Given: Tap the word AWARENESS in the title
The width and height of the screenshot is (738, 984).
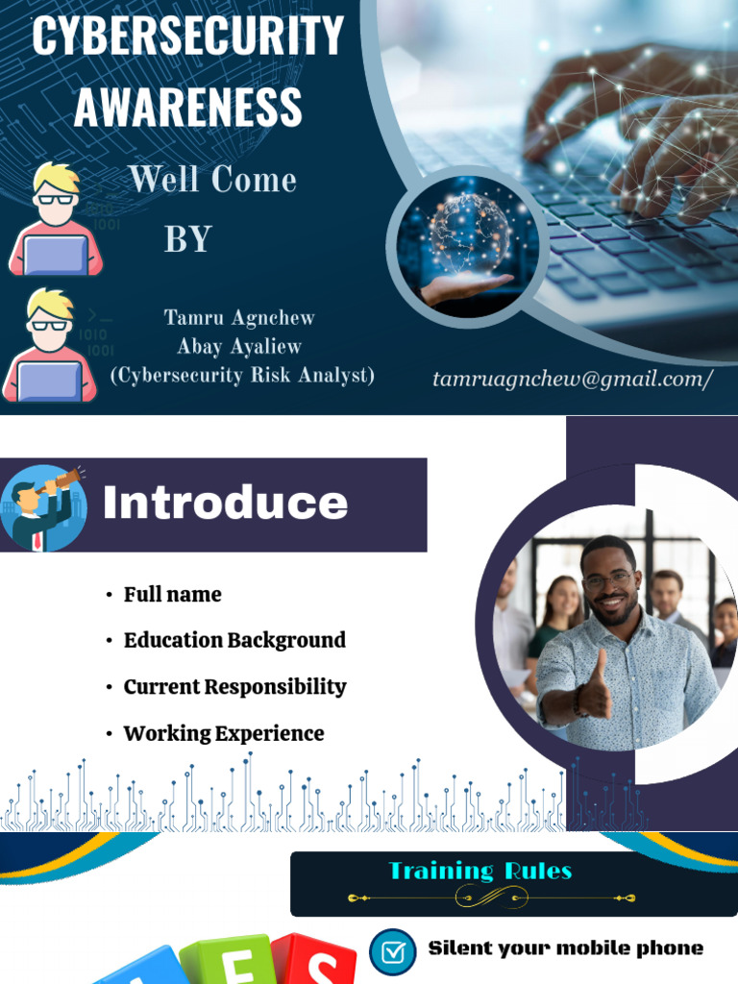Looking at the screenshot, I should click(x=187, y=106).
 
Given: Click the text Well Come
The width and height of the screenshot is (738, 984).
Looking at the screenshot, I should click(x=212, y=180).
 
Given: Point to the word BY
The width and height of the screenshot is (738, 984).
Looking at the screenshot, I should click(x=187, y=239).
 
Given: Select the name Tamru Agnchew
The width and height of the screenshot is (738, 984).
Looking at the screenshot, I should click(x=239, y=318).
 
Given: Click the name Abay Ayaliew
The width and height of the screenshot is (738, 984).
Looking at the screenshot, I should click(x=239, y=347).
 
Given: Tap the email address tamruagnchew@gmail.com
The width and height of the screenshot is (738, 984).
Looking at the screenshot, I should click(x=573, y=380).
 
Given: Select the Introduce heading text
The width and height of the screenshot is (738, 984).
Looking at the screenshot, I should click(x=225, y=503).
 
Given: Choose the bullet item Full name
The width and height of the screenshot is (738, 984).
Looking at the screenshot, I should click(x=172, y=595).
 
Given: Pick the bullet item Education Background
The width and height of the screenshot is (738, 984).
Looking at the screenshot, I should click(x=234, y=641).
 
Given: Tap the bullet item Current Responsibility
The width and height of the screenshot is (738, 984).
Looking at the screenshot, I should click(x=234, y=687).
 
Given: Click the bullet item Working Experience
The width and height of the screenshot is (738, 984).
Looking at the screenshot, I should click(x=224, y=734).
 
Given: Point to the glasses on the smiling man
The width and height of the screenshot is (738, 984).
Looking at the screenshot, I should click(x=607, y=579).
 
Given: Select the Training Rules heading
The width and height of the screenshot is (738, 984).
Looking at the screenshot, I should click(x=480, y=872).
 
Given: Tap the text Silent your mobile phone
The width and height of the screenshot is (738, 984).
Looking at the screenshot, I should click(x=565, y=948).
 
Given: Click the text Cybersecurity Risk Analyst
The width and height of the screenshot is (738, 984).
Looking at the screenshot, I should click(x=242, y=376).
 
